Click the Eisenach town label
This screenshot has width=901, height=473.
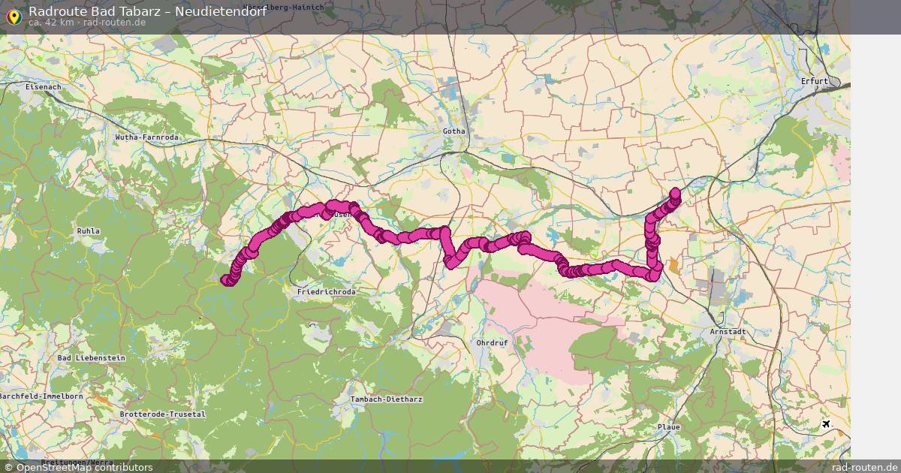pyautogui.click(x=43, y=87)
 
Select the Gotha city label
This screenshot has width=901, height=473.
pyautogui.click(x=454, y=131)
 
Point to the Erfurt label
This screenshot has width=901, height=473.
pyautogui.click(x=814, y=81)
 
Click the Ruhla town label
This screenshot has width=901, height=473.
pyautogui.click(x=88, y=231)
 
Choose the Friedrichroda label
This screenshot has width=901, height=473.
pyautogui.click(x=326, y=291)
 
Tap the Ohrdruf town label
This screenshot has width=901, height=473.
pyautogui.click(x=493, y=342)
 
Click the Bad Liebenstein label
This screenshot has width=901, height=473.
pyautogui.click(x=91, y=358)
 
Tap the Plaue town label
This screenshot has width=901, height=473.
pyautogui.click(x=668, y=427)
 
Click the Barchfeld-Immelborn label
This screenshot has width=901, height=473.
pyautogui.click(x=42, y=396)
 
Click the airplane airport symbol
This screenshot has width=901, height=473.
pyautogui.click(x=827, y=425)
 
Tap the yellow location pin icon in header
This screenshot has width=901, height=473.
pyautogui.click(x=14, y=17)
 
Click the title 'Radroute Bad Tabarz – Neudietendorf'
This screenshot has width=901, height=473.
pyautogui.click(x=147, y=11)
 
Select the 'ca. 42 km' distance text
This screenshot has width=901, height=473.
pyautogui.click(x=51, y=23)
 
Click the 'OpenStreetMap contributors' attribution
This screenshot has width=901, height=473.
pyautogui.click(x=84, y=467)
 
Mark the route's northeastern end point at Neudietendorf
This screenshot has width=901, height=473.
pyautogui.click(x=675, y=192)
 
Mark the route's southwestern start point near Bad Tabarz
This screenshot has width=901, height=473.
pyautogui.click(x=225, y=281)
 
